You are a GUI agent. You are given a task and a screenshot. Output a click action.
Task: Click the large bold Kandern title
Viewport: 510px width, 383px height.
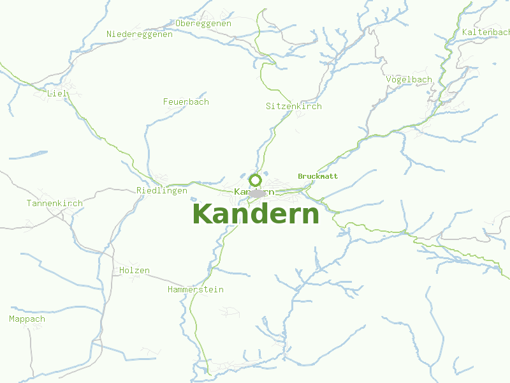[x=255, y=214]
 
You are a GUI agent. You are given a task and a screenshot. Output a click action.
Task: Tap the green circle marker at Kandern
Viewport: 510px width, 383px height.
[x=255, y=180]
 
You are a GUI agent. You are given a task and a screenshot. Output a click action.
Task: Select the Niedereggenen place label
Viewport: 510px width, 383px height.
[x=140, y=34]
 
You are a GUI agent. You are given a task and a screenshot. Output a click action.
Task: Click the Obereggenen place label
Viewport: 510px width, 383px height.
[x=203, y=24]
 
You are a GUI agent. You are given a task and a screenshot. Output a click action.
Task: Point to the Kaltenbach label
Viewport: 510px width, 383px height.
[x=486, y=32]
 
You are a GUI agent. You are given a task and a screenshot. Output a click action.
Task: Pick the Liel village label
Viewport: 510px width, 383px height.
[x=57, y=94]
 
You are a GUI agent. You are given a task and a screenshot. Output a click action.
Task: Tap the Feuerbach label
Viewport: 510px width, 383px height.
[x=186, y=102]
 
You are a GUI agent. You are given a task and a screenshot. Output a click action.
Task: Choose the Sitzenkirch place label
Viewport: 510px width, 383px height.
[x=293, y=107]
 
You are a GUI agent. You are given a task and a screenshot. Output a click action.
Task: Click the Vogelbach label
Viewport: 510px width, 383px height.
[x=409, y=80]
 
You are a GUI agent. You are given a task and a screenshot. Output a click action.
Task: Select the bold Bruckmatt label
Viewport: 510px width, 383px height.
[x=317, y=176]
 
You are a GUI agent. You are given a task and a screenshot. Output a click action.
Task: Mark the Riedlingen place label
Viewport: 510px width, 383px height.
[x=162, y=191]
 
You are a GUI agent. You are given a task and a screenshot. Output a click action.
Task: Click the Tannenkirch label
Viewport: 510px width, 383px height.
[x=54, y=204]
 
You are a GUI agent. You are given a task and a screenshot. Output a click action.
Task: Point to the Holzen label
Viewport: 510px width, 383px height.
[x=134, y=271]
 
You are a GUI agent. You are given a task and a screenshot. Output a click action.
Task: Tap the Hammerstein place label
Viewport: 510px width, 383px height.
[x=195, y=290]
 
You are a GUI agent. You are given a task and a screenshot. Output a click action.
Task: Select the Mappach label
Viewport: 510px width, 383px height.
[x=27, y=319]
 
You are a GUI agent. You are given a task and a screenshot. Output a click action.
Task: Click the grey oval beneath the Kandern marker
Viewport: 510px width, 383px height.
[x=256, y=193]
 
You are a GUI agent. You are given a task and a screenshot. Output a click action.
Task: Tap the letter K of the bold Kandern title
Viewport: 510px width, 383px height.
[x=203, y=214]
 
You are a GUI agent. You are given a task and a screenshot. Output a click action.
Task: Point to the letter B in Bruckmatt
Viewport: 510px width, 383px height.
[x=300, y=176]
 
